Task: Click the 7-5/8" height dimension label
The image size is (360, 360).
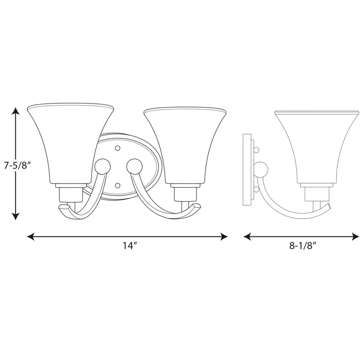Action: coord(17,165)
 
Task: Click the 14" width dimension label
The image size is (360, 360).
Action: coord(130,246)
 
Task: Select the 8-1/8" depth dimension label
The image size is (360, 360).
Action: coord(301,246)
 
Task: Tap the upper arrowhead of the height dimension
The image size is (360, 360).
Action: coord(15,111)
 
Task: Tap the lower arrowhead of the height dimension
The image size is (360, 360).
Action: coord(15,216)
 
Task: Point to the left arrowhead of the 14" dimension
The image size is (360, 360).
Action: coord(31,237)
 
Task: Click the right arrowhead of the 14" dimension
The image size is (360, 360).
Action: coord(224,237)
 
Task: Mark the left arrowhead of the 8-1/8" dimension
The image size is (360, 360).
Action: coord(247,237)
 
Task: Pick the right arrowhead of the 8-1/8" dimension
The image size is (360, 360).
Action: coord(355,237)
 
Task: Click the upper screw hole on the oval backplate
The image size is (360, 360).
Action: coord(118,148)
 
